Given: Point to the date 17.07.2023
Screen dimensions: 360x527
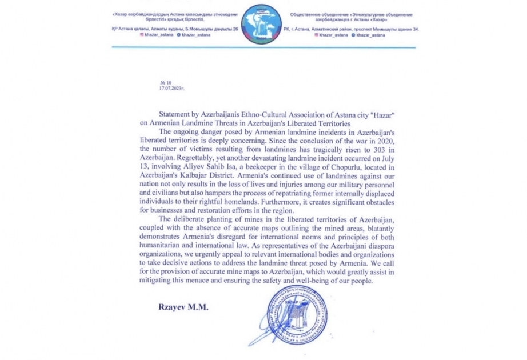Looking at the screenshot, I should pyautogui.click(x=172, y=89).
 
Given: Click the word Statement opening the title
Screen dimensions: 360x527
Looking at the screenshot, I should pyautogui.click(x=173, y=114).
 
